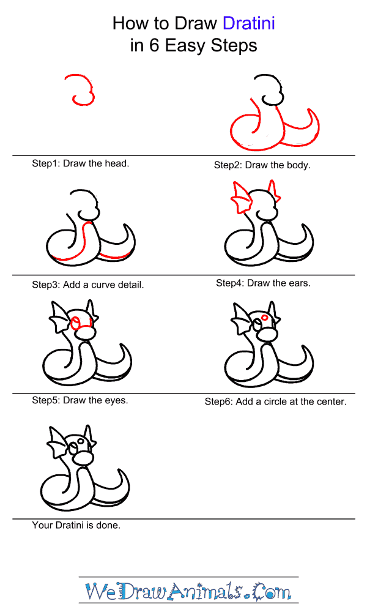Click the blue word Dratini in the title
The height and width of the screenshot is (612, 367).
249,24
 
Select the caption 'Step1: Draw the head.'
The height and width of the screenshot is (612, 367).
80,163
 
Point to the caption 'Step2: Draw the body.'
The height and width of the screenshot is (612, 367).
262,165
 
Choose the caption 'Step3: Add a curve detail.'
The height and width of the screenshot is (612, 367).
87,285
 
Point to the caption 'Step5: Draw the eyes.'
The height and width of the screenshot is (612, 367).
80,400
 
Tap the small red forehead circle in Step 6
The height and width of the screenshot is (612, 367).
264,317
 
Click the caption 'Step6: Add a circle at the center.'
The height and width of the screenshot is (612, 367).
275,401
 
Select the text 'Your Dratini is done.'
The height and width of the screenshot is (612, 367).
76,525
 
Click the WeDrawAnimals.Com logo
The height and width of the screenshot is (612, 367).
188,591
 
